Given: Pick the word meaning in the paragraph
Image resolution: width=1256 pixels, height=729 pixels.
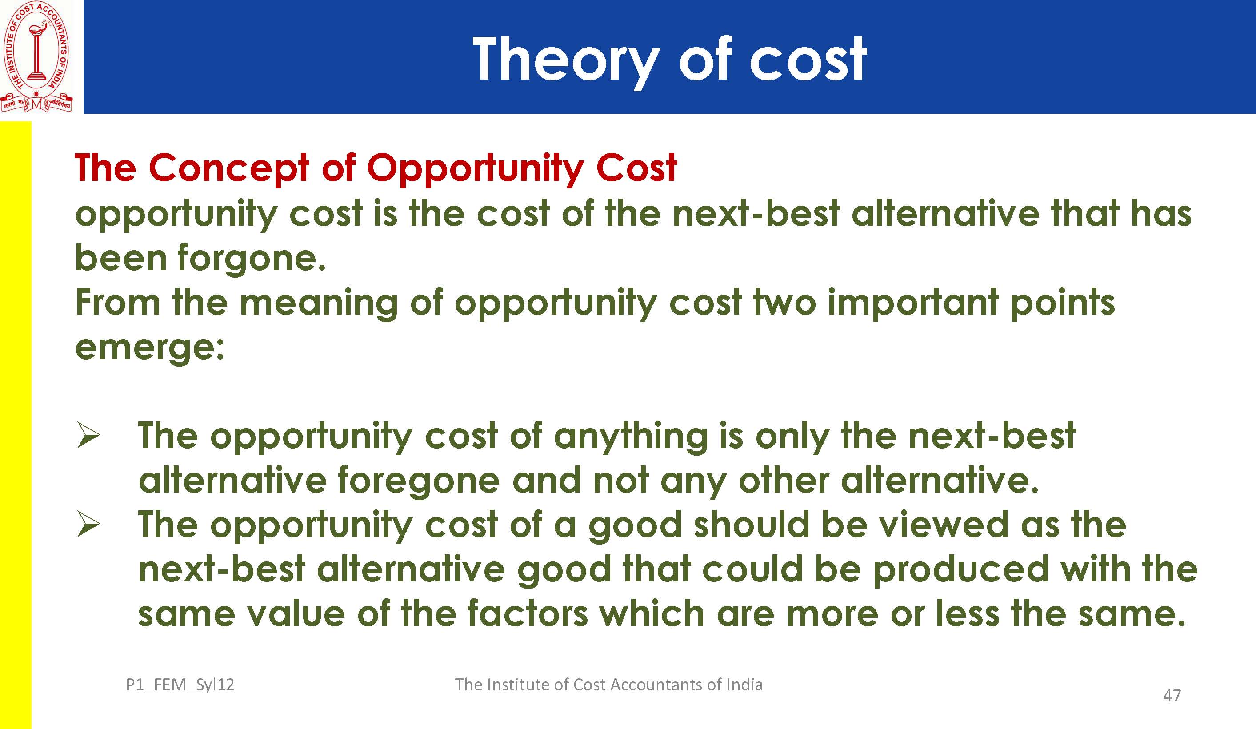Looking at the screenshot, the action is (x=319, y=304).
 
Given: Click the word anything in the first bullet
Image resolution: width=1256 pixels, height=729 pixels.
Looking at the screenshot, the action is (x=631, y=437).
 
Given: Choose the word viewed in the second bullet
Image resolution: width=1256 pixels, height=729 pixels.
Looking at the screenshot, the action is (x=943, y=525).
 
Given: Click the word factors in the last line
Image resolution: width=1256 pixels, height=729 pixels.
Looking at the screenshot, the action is (x=528, y=614).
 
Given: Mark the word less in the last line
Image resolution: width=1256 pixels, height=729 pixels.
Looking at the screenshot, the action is (x=968, y=614).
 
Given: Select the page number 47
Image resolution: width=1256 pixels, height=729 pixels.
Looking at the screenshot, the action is (x=1172, y=696).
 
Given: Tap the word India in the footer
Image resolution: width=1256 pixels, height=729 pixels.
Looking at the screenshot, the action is (x=744, y=685).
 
